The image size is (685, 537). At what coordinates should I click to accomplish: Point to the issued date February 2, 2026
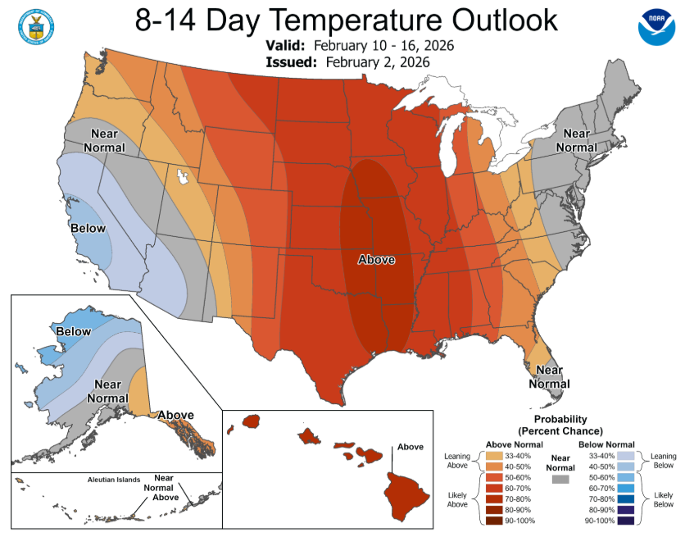coord(377,61)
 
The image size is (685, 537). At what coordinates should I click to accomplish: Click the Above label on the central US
coord(377,260)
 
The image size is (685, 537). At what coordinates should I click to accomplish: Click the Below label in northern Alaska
coord(74,332)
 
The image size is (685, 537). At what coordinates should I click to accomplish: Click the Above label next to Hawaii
coord(411,447)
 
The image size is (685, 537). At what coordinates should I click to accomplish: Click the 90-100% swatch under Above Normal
coord(495,521)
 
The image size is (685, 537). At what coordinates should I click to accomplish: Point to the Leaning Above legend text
coord(457,460)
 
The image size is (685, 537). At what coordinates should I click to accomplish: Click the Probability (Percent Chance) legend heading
coord(560,425)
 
